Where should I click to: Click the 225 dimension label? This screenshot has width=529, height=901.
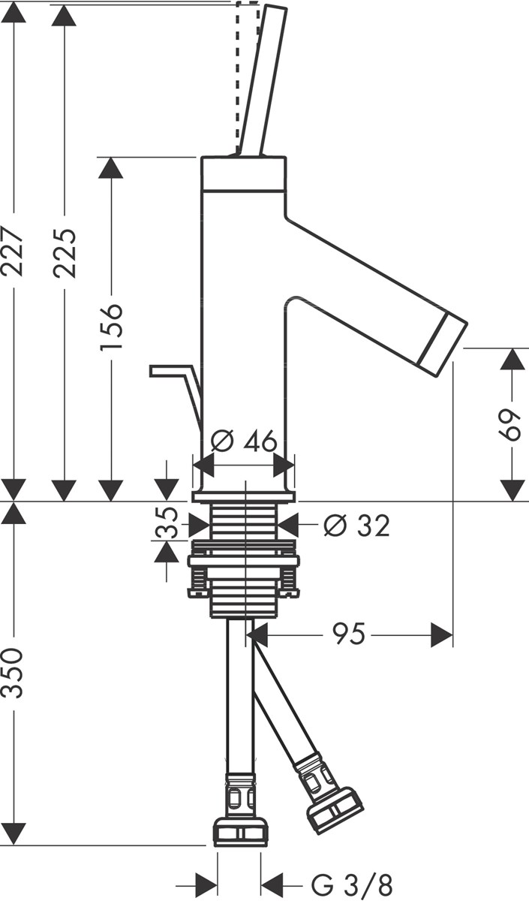[x=67, y=252]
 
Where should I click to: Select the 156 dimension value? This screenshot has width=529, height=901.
[x=112, y=327]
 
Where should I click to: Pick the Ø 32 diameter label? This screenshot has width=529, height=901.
[x=356, y=526]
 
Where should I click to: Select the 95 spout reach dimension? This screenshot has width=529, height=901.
[x=350, y=635]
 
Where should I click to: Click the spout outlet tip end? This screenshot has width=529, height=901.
[x=443, y=343]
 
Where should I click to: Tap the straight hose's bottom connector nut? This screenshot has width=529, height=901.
[x=240, y=830]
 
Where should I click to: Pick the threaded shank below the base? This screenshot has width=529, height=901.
[x=245, y=522]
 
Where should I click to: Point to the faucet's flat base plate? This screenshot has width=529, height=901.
[x=244, y=496]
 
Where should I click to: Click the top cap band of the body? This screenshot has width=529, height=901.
[x=244, y=171]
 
